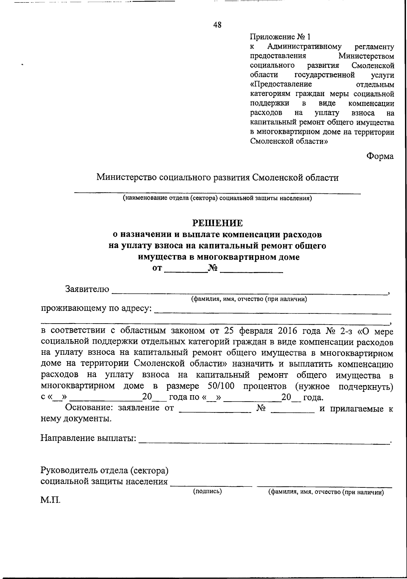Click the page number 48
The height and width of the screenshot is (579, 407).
217,25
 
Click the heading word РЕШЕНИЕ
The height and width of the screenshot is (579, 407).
218,223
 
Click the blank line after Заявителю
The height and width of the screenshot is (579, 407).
249,291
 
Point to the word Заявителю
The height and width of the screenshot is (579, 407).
87,289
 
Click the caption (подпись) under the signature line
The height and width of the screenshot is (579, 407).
207,491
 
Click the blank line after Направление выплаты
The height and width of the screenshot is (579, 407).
265,442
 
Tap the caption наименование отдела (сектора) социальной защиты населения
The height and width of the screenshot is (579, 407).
217,198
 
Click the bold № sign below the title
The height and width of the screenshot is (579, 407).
213,268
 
